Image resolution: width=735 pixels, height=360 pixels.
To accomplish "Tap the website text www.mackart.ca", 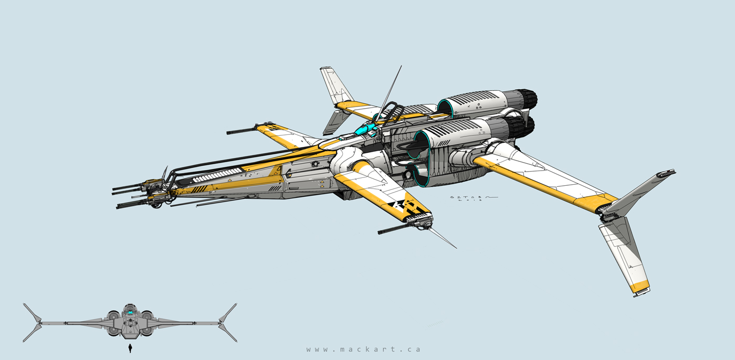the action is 363,349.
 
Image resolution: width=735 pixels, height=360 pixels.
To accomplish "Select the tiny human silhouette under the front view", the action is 130,348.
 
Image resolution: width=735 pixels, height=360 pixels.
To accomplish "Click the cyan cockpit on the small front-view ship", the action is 130,314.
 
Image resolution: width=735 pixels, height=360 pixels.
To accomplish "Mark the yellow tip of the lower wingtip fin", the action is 642,287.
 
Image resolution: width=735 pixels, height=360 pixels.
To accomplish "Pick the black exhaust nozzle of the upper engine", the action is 528,99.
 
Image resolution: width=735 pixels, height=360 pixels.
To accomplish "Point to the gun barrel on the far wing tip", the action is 241,130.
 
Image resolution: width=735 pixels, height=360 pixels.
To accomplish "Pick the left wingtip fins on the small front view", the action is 33,322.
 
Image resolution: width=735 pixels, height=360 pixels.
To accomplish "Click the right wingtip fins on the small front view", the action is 227,322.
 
